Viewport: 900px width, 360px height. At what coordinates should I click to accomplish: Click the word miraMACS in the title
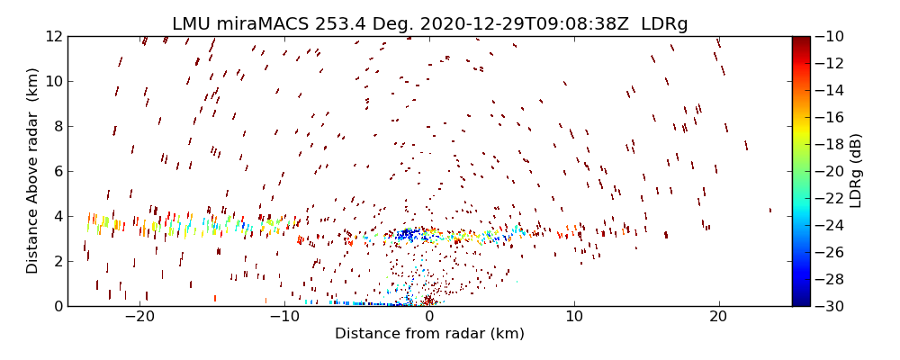(x=257, y=24)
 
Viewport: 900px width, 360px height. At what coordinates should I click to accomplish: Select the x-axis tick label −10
(x=284, y=317)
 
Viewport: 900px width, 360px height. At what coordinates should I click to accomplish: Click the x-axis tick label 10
(x=574, y=317)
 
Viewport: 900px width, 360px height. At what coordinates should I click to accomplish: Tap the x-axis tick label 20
(x=718, y=317)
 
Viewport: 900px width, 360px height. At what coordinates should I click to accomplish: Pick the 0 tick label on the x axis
(x=429, y=317)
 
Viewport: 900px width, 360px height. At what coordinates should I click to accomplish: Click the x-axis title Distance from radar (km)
(x=429, y=334)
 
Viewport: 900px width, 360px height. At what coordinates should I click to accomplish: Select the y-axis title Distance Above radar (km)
(x=33, y=171)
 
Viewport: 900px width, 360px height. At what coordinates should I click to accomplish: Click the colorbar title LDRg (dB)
(x=856, y=171)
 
